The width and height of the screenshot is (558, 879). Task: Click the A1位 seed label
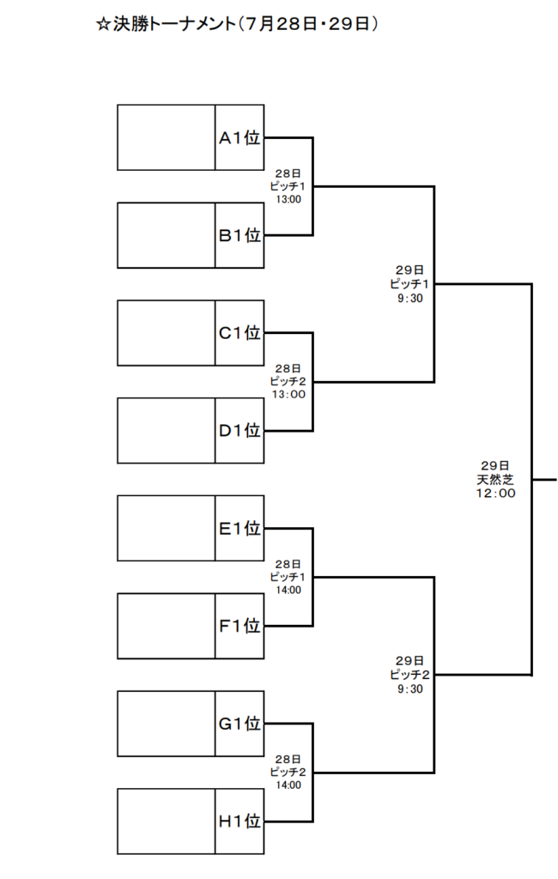[240, 137]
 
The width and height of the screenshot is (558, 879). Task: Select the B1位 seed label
[240, 235]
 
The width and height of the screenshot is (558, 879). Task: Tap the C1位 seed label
[240, 332]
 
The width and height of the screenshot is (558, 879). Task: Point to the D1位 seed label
[240, 431]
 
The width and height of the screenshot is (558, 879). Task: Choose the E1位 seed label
[240, 528]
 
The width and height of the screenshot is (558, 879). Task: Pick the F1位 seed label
[240, 626]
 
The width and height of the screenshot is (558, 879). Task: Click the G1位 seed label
[240, 724]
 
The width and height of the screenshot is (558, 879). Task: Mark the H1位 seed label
[240, 821]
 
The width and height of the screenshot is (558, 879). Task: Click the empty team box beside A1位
[166, 137]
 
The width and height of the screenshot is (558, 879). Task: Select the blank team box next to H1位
[166, 821]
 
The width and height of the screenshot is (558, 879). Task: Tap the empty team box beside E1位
[166, 528]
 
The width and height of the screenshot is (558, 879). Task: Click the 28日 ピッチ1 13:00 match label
[288, 186]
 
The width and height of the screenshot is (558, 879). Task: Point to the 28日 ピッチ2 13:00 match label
[288, 382]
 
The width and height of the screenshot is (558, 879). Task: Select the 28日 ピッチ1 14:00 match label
[288, 578]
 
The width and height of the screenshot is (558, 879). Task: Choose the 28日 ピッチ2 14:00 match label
[288, 773]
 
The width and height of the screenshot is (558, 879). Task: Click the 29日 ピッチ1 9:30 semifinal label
[409, 284]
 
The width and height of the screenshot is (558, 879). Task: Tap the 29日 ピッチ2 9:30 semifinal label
[409, 675]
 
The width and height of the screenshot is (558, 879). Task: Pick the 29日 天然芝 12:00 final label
[495, 479]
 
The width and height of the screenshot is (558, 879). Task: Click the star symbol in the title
[103, 24]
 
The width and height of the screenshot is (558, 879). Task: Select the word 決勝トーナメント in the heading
[174, 24]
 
